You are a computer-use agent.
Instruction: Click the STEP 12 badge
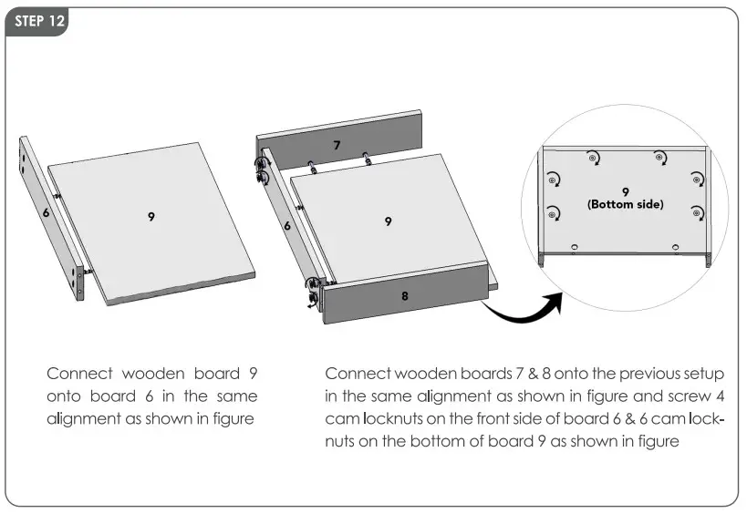click(x=36, y=23)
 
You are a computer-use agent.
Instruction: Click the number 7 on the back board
click(x=337, y=144)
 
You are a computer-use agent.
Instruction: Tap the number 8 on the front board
click(x=405, y=295)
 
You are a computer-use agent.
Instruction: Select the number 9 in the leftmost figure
click(x=150, y=216)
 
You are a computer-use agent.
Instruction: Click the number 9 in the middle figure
click(x=389, y=221)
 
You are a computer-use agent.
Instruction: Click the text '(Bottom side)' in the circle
click(x=625, y=204)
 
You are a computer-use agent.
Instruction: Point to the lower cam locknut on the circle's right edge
click(x=697, y=213)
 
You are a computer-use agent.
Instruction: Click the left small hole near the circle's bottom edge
click(x=574, y=247)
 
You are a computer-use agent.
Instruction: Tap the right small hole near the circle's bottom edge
click(x=674, y=247)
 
